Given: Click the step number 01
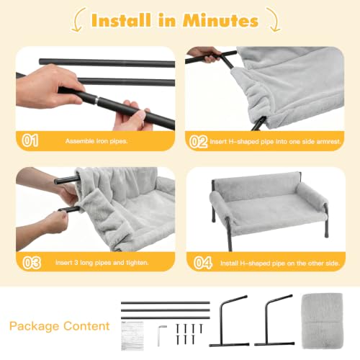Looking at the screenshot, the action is click(x=30, y=140).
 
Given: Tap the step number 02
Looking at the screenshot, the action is click(x=198, y=142).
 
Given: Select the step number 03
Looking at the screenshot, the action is click(x=32, y=263).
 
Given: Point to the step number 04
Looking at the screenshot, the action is click(x=203, y=263).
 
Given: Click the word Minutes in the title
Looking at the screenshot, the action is click(x=220, y=21).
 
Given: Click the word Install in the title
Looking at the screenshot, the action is click(x=121, y=20).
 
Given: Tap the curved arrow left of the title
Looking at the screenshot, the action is click(x=78, y=20).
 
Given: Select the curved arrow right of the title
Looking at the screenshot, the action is click(x=274, y=20).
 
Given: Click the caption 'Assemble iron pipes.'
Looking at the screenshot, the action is click(x=96, y=141).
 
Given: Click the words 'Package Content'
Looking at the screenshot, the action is click(x=60, y=326).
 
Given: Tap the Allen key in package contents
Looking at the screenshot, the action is click(x=160, y=336).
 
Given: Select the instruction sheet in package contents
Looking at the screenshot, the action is click(x=132, y=336).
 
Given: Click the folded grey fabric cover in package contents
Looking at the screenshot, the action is click(x=323, y=320).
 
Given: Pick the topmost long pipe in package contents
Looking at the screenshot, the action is click(x=166, y=303).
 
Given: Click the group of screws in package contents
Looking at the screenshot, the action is click(x=189, y=334).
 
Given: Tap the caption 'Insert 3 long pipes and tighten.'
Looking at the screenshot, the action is click(x=102, y=263).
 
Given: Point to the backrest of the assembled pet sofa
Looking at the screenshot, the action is click(x=256, y=184).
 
